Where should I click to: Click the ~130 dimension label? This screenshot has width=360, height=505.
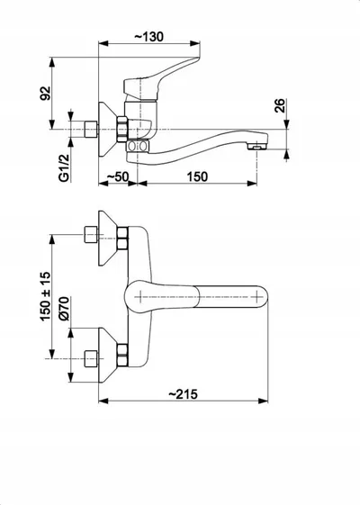click(x=148, y=37)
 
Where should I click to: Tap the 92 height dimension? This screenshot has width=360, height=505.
click(x=45, y=93)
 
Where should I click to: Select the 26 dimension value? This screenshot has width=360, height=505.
click(x=280, y=105)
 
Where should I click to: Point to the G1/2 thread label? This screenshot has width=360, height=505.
click(x=64, y=167)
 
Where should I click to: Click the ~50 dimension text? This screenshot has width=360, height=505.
click(x=118, y=176)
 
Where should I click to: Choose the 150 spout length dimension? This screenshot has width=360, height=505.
click(x=197, y=176)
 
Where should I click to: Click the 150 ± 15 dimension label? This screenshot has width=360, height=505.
click(x=45, y=296)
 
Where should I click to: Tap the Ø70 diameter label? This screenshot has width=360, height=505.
click(x=64, y=309)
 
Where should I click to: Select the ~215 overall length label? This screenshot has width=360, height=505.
click(x=184, y=394)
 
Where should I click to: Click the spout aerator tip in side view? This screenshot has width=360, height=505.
click(x=257, y=148)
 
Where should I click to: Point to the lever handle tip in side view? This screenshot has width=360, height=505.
click(x=196, y=59)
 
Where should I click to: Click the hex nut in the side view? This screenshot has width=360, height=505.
click(x=122, y=129)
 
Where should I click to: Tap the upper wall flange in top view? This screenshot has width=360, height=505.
click(x=108, y=239)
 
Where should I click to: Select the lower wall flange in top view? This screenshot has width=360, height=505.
click(x=108, y=356)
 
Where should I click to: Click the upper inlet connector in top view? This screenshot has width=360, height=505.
click(x=91, y=234)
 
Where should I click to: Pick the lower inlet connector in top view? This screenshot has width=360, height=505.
click(x=91, y=359)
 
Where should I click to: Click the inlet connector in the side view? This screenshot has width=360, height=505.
click(x=91, y=129)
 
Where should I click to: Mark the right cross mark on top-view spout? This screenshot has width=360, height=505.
click(x=256, y=297)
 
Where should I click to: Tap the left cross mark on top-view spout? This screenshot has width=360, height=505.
click(x=140, y=297)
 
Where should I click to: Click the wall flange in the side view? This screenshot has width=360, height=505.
click(x=108, y=130)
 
